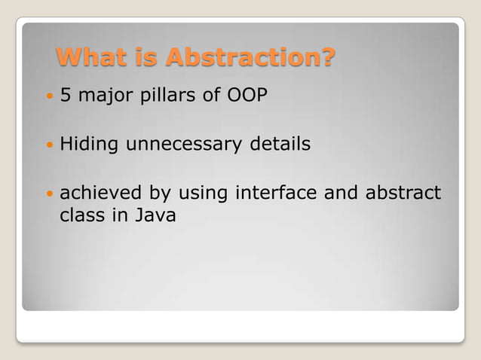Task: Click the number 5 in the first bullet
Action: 65,98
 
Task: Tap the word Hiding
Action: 87,144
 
